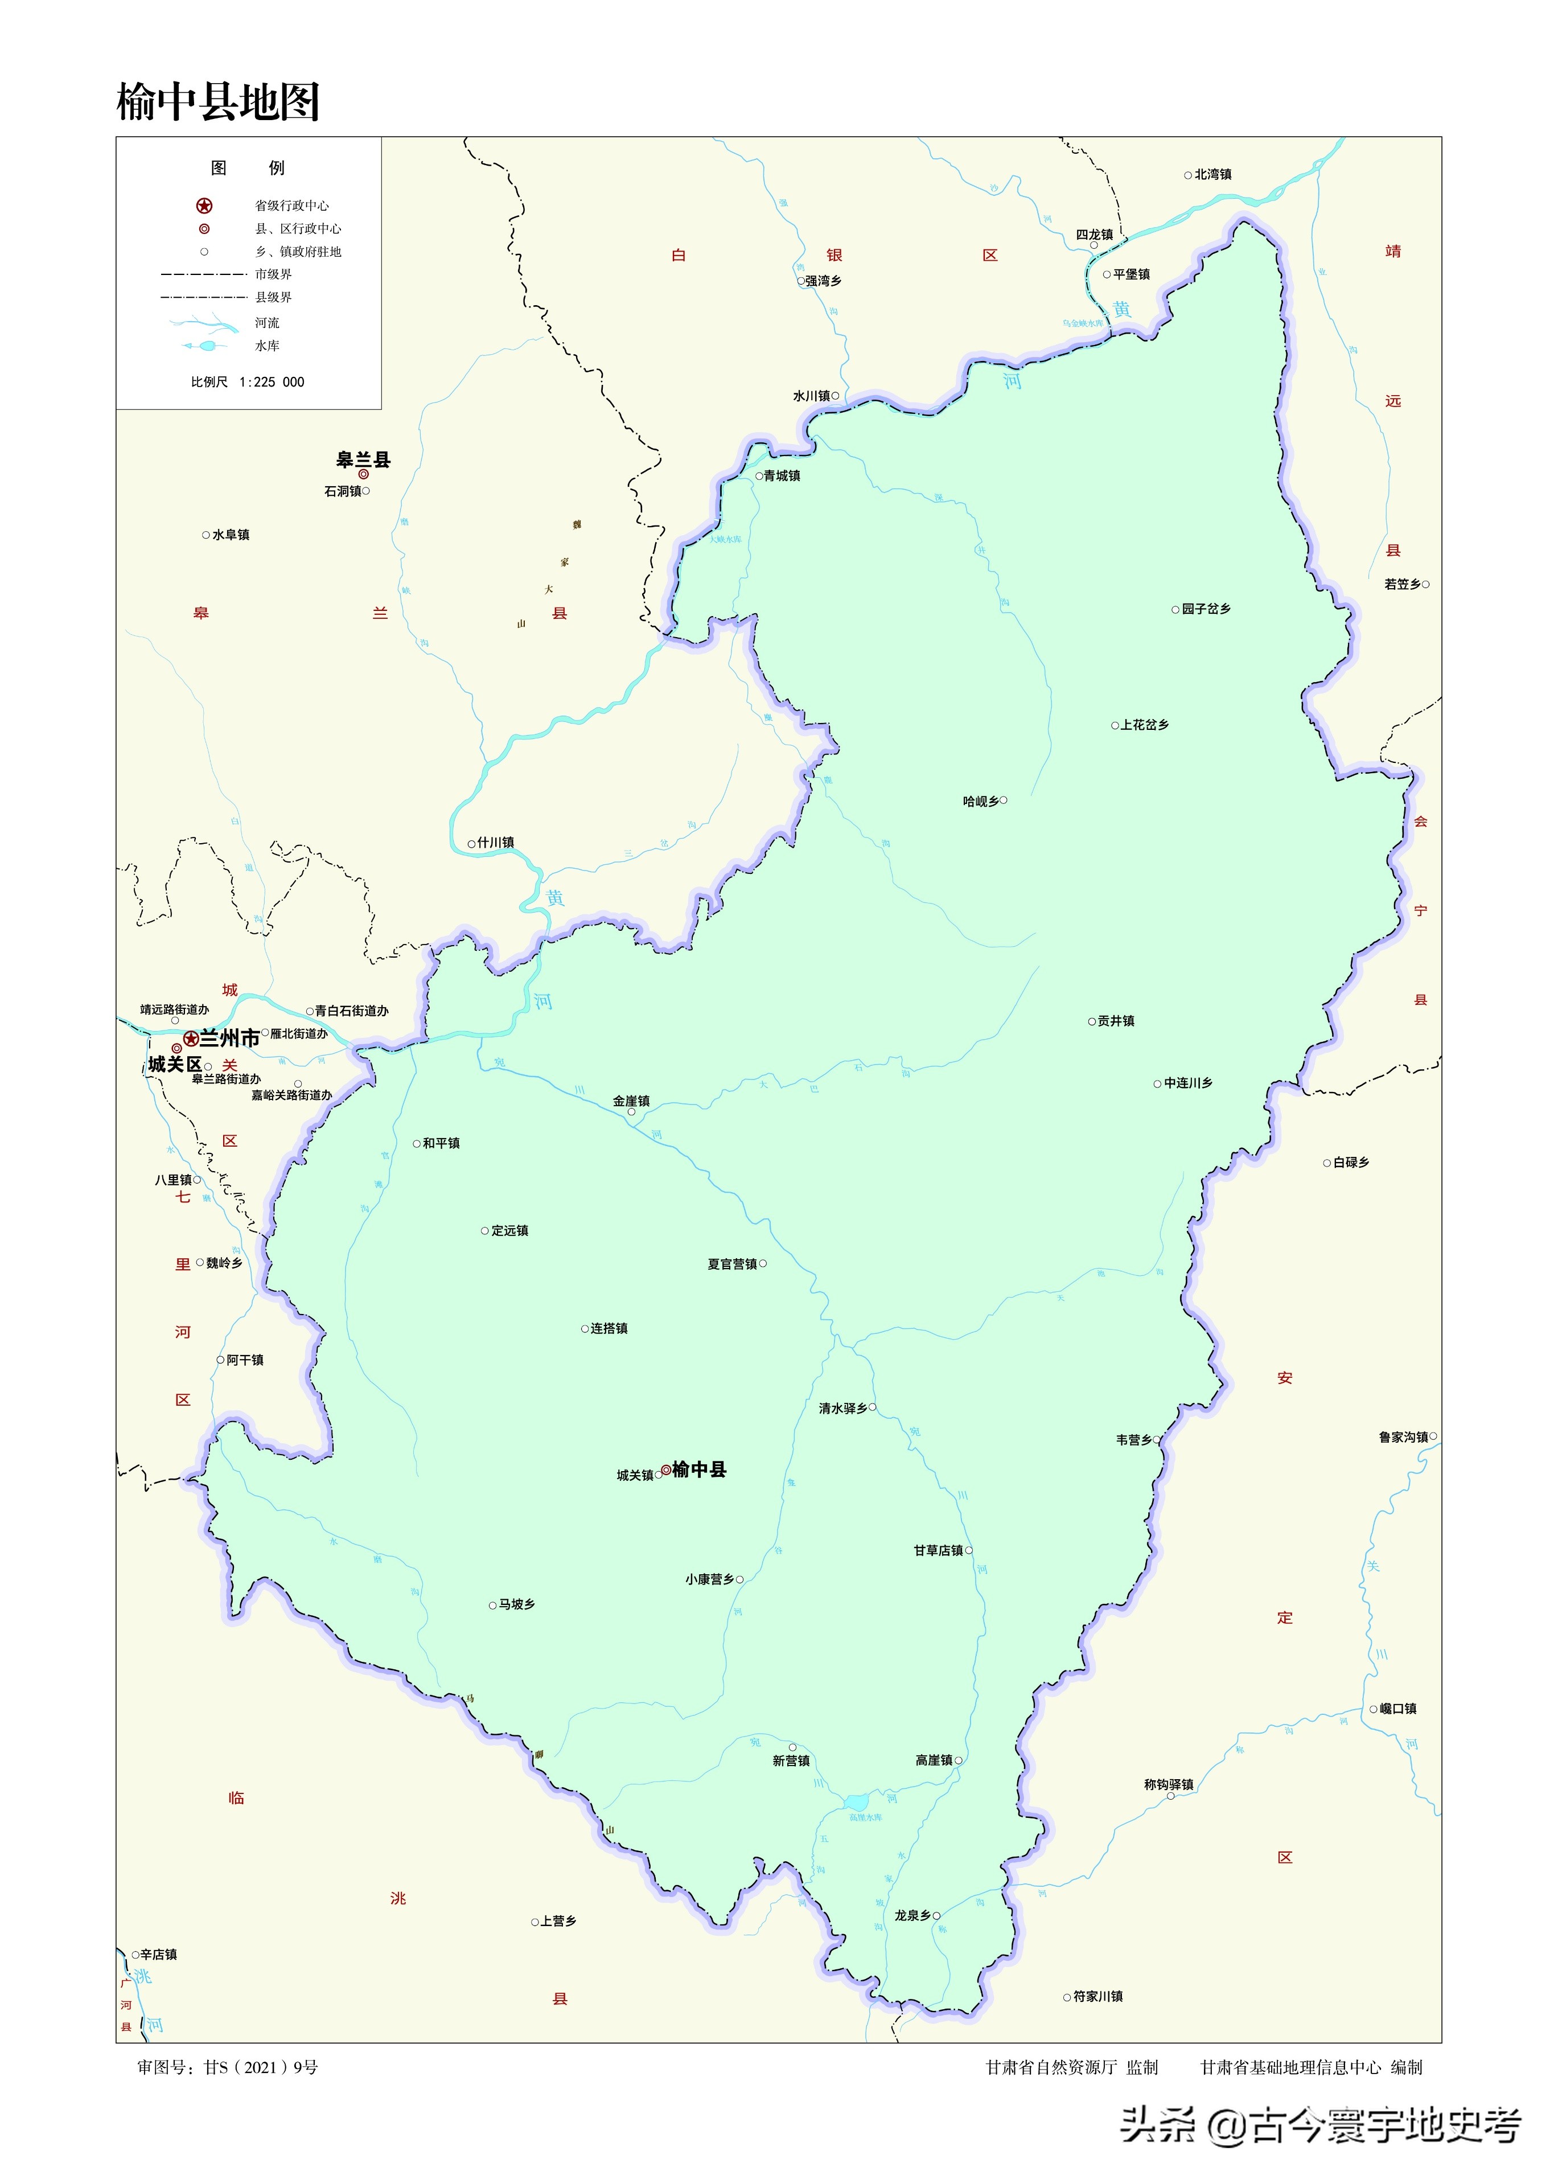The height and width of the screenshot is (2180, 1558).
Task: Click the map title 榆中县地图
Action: coord(218,102)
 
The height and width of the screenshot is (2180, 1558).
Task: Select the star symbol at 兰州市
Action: coord(191,1038)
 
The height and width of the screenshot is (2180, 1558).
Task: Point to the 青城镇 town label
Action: coord(782,476)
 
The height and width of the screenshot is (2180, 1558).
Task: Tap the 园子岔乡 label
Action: coord(1206,609)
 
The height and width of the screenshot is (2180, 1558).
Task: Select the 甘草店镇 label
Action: coord(938,1550)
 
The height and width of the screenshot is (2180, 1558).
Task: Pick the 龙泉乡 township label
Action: coord(912,1915)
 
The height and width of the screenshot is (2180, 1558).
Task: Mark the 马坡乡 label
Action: coord(517,1604)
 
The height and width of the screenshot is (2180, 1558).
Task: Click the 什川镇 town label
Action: coord(496,843)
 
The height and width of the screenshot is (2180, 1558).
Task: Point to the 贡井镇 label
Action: coord(1116,1021)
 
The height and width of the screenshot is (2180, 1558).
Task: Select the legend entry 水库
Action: coord(268,346)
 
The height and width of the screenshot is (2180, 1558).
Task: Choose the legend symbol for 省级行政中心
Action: coord(204,206)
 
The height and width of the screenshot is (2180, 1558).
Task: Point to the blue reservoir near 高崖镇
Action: coord(856,1802)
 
